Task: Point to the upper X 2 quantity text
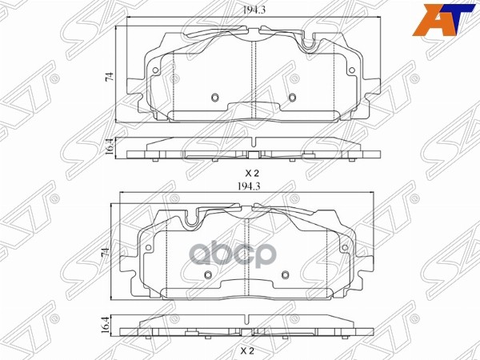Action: pos(252,173)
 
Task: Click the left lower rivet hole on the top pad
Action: pos(214,98)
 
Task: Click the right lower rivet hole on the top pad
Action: pos(292,98)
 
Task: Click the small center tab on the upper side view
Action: pos(252,154)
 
